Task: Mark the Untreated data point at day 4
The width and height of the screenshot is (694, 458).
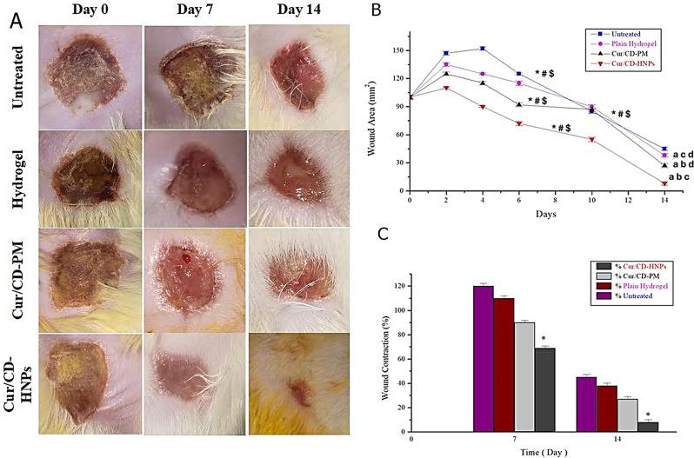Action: [x=483, y=49]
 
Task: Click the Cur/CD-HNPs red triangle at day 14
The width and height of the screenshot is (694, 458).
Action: [x=664, y=183]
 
